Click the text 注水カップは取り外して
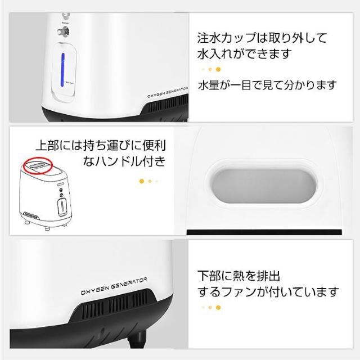pos(262,39)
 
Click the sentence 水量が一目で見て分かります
pos(267,85)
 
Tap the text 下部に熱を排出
pos(239,276)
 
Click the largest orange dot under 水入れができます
pos(218,70)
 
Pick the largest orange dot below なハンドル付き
pos(142,181)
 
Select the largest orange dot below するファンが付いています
pos(218,307)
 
